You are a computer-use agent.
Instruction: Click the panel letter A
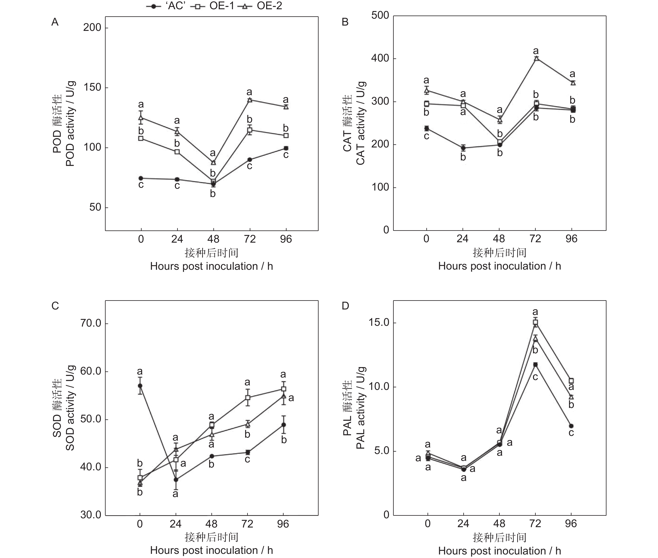tap(55, 22)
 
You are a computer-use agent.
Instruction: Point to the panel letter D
tap(345, 306)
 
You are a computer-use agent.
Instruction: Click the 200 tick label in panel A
tap(92, 28)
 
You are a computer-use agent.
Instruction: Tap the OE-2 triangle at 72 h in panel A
tap(250, 100)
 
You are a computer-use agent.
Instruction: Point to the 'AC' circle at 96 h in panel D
tap(571, 426)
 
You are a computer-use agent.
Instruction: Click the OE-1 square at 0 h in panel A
tap(141, 138)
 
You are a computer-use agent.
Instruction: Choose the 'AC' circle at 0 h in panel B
tap(426, 128)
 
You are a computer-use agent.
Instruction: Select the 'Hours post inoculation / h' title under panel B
tap(499, 266)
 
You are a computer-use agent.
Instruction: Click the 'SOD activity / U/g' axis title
tap(70, 408)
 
